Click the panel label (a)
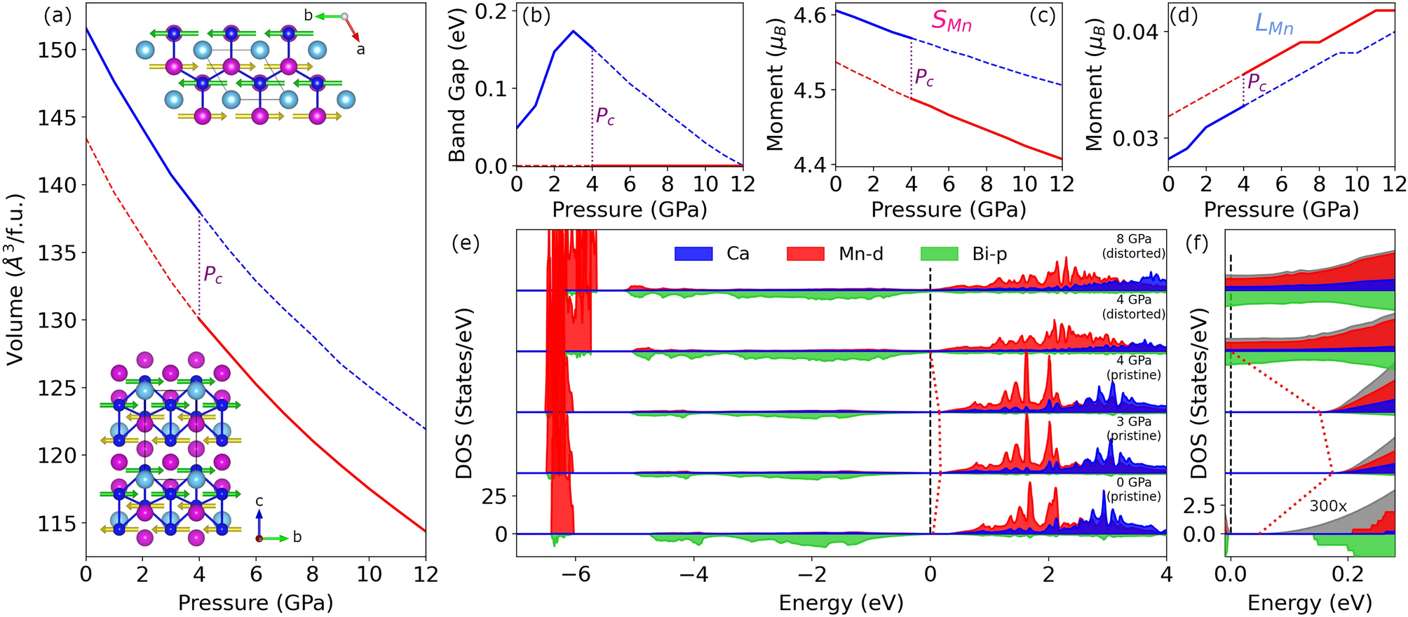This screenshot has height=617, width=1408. coord(58,16)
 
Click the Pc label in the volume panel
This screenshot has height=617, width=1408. coord(213,275)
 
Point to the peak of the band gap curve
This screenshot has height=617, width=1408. coord(574,31)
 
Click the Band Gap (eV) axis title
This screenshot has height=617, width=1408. coord(458,82)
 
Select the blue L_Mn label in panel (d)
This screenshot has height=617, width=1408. coord(1273,25)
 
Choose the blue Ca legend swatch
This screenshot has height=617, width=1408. coord(693,254)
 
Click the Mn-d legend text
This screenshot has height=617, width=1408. coord(860,254)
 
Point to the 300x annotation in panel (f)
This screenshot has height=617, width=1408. coord(1327,506)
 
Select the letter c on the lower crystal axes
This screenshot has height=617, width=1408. coord(259,501)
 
